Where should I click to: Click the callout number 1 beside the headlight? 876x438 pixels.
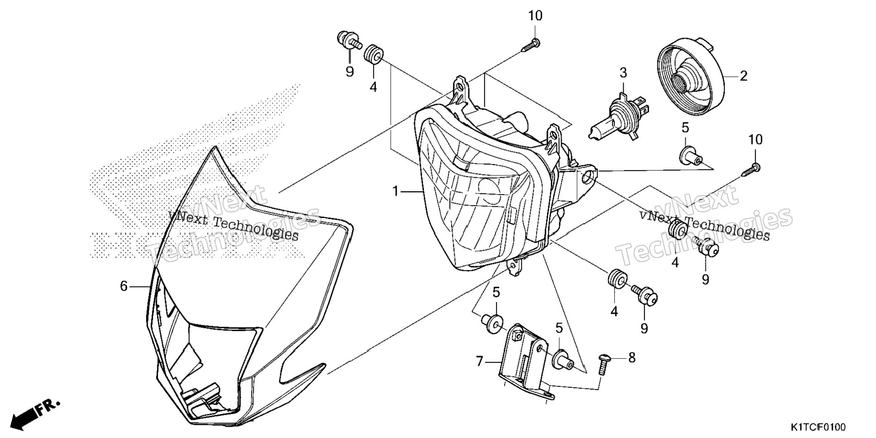(x=396, y=192)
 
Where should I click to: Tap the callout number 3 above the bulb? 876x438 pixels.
(x=623, y=73)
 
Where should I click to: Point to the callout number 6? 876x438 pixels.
(x=124, y=287)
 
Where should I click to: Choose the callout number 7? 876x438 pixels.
(x=480, y=361)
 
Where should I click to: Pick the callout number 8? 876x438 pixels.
(x=631, y=358)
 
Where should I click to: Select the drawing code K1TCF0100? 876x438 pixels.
(x=818, y=427)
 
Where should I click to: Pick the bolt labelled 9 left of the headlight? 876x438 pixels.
(x=350, y=40)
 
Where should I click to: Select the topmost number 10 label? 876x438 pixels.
(x=535, y=16)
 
